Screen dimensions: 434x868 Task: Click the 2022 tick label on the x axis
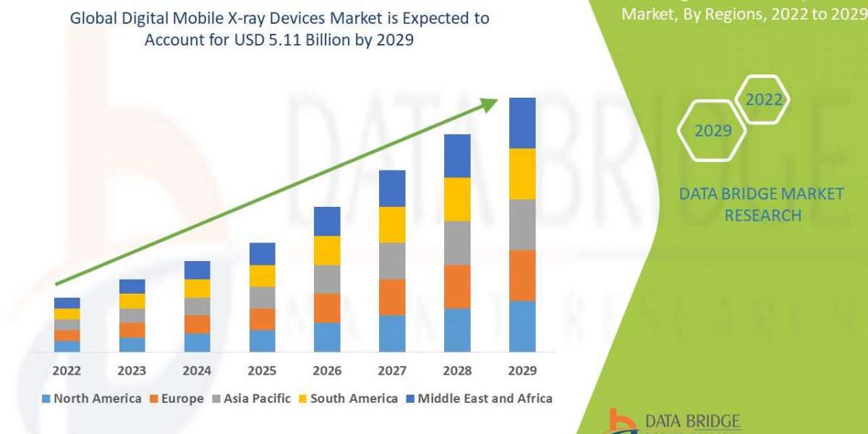[67, 370]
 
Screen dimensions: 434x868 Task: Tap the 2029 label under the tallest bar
[522, 370]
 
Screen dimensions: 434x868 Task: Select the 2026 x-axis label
[327, 370]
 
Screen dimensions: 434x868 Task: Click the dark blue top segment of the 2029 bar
[522, 123]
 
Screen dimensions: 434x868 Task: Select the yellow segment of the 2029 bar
[522, 174]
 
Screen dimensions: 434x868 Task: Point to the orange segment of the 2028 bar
[457, 286]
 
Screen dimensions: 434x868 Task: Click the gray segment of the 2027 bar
[392, 260]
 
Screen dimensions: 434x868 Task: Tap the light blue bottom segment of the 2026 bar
[327, 337]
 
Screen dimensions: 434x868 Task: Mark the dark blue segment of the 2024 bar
[197, 270]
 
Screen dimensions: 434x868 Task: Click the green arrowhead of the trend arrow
[490, 105]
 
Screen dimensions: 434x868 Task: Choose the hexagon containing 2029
[712, 131]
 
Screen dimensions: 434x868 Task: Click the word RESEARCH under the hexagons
[762, 216]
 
